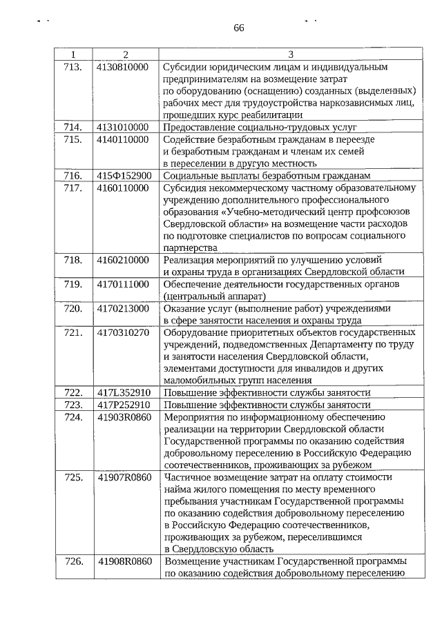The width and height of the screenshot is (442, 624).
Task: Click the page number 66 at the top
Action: coord(239,28)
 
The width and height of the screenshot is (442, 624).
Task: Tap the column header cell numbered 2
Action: coord(125,54)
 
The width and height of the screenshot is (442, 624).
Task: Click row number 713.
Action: coord(73,67)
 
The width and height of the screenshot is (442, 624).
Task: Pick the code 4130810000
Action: coord(123,67)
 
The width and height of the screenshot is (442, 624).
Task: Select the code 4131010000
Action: coord(123,127)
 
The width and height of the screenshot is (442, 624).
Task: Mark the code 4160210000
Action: coord(123,259)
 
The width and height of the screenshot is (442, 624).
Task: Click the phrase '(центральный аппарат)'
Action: coord(210,296)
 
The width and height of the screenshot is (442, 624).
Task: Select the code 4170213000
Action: coord(123,308)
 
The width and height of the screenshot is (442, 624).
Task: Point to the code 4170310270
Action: coord(123,332)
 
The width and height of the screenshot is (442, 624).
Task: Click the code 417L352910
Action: coord(124,392)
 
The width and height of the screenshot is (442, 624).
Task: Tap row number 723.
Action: coord(73,404)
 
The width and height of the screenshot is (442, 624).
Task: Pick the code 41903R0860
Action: coord(124,416)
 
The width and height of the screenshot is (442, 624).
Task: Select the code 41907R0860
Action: coord(124,476)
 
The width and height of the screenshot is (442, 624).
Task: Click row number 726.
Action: coord(73,561)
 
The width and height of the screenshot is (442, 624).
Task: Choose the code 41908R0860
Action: coord(124,561)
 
